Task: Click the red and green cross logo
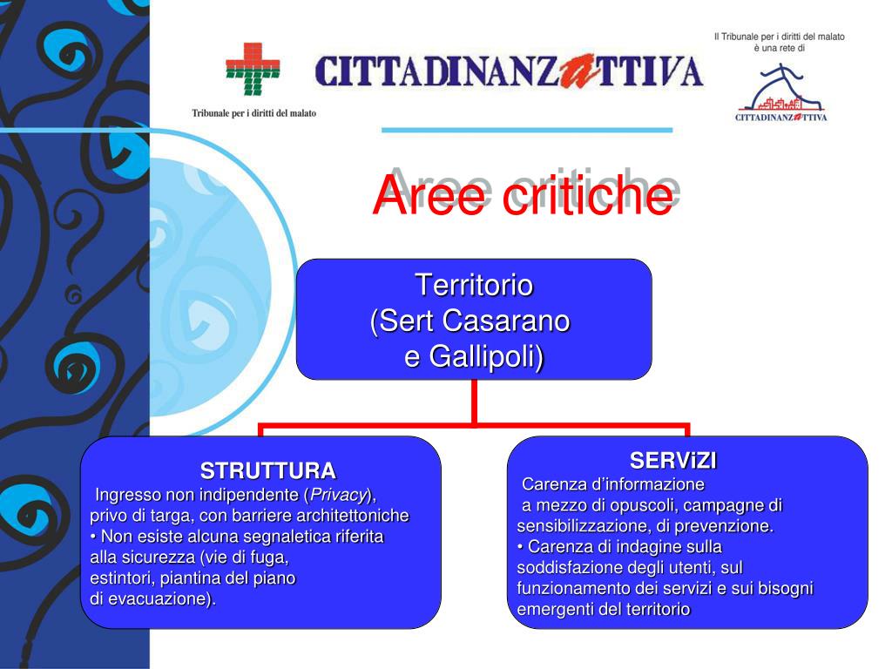click(x=253, y=69)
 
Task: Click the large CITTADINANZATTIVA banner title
click(x=509, y=71)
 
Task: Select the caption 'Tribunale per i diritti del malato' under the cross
click(x=253, y=113)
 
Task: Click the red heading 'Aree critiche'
click(x=523, y=195)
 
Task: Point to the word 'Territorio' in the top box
click(x=474, y=285)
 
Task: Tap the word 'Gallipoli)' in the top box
click(x=486, y=356)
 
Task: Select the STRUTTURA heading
click(x=268, y=471)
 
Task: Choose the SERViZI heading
click(x=673, y=461)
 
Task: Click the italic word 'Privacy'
click(x=337, y=495)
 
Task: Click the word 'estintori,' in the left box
click(x=122, y=578)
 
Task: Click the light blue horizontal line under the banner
click(x=527, y=131)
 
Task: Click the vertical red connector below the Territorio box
click(x=474, y=402)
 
